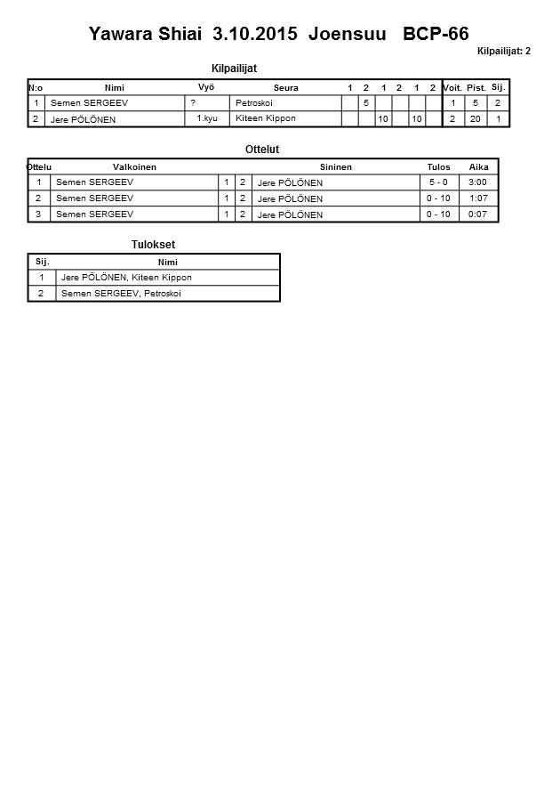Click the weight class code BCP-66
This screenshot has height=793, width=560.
tap(436, 35)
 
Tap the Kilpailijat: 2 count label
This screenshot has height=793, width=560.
tap(503, 51)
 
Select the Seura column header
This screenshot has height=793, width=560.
tap(286, 88)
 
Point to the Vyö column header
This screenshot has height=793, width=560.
tap(205, 87)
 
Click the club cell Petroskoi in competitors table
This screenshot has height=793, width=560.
tap(254, 103)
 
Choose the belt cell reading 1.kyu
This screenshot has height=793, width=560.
tap(207, 118)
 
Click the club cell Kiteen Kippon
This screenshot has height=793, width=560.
tap(266, 118)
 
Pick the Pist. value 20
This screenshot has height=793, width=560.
tap(476, 118)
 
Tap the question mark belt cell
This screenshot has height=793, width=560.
tap(193, 103)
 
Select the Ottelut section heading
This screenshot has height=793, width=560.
tap(262, 150)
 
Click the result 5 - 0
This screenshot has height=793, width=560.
tap(438, 182)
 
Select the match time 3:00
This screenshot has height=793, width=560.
tap(478, 182)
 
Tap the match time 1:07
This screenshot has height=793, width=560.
tap(478, 198)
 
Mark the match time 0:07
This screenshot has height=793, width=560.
tap(478, 214)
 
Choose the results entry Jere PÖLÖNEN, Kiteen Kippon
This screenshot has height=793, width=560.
tap(126, 278)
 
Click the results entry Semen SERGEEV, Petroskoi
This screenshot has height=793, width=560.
tap(121, 294)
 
